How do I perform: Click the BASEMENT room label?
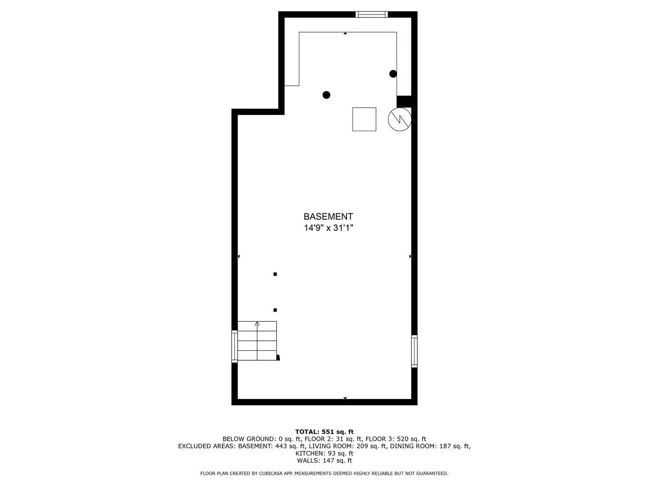pos(328,216)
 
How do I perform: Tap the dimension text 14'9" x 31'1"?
pos(328,228)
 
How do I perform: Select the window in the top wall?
pos(371,14)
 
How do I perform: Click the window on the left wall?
pos(234,346)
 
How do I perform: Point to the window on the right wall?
pos(414,351)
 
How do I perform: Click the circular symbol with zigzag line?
pos(400,119)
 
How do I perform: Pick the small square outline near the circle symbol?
pos(364,119)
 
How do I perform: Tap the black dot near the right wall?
pos(393,74)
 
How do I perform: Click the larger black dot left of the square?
pos(326,95)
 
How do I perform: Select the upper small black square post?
pos(275,274)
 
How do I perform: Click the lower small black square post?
pos(275,310)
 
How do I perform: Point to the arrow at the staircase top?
pos(257,323)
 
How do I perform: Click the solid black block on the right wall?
pos(404,101)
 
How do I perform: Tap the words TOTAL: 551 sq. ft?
pos(324,432)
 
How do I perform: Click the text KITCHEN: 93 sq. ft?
pos(324,453)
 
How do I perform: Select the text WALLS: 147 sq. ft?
pos(324,460)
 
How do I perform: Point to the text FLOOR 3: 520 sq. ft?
pos(396,439)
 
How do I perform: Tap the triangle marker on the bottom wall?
pos(345,398)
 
